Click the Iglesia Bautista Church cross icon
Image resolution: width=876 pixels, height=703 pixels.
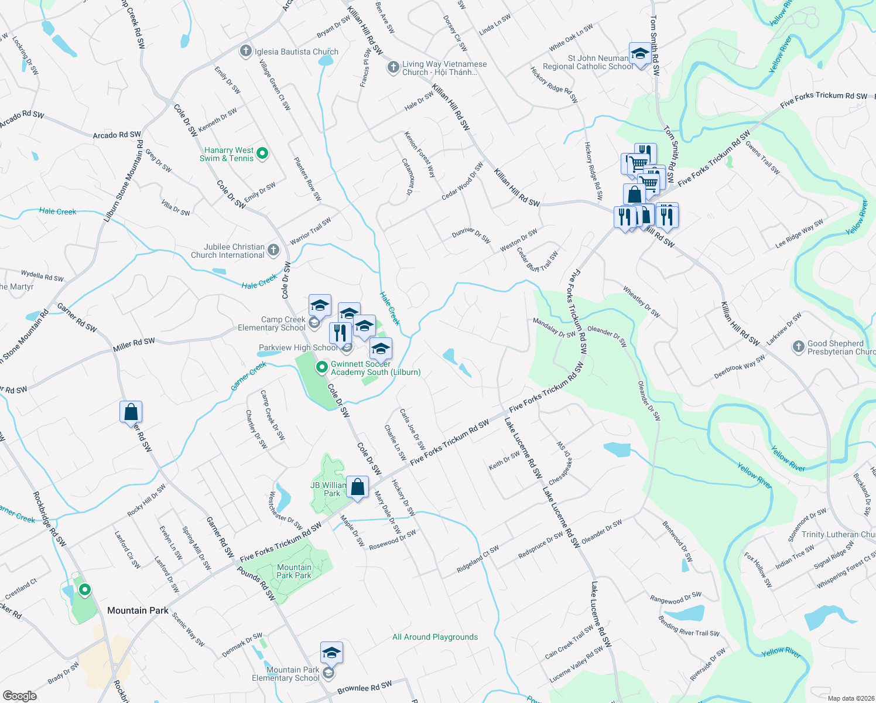pyautogui.click(x=246, y=52)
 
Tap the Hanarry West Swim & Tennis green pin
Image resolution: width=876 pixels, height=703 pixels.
pyautogui.click(x=263, y=153)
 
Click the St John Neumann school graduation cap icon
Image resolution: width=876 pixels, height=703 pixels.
pyautogui.click(x=640, y=54)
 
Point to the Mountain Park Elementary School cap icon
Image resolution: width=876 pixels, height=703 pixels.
pyautogui.click(x=331, y=653)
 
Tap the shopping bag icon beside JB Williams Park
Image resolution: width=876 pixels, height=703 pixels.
pyautogui.click(x=357, y=487)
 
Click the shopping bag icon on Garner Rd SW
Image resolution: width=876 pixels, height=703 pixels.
pyautogui.click(x=131, y=412)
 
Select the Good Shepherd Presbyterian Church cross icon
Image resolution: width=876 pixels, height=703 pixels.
pyautogui.click(x=798, y=347)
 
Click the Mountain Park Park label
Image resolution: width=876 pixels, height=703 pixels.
pyautogui.click(x=294, y=571)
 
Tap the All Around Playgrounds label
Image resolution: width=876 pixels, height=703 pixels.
pyautogui.click(x=435, y=637)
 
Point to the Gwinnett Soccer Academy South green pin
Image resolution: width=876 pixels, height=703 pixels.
pyautogui.click(x=321, y=367)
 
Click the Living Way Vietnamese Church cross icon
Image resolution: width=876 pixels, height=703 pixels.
pyautogui.click(x=393, y=68)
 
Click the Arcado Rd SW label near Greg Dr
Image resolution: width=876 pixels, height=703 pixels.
pyautogui.click(x=117, y=135)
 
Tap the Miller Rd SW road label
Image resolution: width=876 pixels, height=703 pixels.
pyautogui.click(x=134, y=345)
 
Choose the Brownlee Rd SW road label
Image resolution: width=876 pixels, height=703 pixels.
pyautogui.click(x=364, y=688)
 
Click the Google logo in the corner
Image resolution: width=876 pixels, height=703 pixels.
pyautogui.click(x=19, y=696)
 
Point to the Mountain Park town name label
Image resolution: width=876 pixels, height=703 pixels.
pyautogui.click(x=138, y=610)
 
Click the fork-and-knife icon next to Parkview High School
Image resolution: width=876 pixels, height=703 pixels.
pyautogui.click(x=340, y=333)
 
